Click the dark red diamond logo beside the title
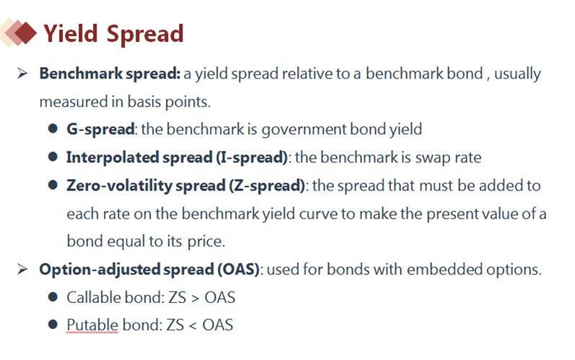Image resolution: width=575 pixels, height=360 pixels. (25, 32)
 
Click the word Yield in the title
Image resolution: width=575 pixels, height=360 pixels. (71, 34)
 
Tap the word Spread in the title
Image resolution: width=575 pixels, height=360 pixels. (145, 35)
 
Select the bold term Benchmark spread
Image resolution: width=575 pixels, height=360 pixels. (110, 74)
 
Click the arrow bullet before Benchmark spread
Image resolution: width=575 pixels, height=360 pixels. (22, 74)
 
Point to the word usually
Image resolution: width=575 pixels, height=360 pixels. (517, 74)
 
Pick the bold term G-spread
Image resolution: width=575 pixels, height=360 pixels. (100, 129)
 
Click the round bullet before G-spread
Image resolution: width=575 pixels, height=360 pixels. (53, 128)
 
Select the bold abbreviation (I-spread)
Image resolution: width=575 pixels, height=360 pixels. (252, 158)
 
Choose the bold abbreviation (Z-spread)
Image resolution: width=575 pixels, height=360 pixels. (267, 185)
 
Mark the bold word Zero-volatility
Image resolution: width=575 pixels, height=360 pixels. (119, 186)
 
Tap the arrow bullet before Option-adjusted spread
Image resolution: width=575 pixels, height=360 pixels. (22, 269)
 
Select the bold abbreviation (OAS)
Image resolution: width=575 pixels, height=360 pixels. (238, 269)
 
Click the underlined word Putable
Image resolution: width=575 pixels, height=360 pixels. (92, 325)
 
